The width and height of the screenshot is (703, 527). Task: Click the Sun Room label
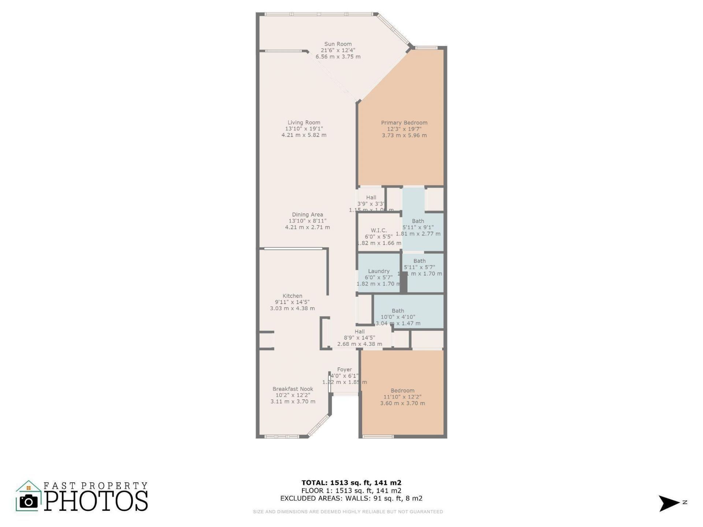coord(338,44)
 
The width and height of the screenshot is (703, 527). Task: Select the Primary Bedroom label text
coord(404,123)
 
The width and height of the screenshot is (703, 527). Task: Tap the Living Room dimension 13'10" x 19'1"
coord(304,129)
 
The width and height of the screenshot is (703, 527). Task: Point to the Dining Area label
coord(307,215)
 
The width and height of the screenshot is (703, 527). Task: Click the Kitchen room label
coord(292,296)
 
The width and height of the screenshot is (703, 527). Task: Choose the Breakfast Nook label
coord(293,389)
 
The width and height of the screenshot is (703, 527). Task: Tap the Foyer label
coord(344,370)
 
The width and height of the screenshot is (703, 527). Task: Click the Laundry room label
coord(379,271)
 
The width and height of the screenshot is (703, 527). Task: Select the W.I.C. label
coord(379,230)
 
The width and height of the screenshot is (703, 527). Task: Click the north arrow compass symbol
coord(669,503)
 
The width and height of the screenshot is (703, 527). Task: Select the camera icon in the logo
coord(28,501)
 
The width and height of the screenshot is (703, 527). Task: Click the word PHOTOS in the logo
coord(96,501)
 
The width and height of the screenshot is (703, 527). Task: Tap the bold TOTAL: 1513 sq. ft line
coord(351,483)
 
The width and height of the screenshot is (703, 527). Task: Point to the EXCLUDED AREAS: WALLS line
coord(351,498)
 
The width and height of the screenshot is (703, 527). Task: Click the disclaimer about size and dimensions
coord(348,512)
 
